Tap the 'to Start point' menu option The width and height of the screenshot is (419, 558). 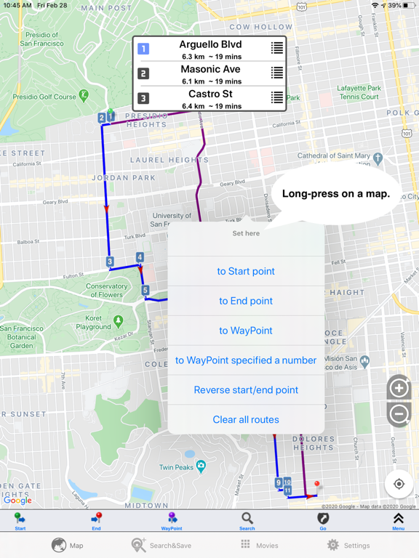246,271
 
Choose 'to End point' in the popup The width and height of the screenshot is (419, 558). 246,301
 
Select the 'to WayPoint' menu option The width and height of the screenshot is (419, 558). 246,331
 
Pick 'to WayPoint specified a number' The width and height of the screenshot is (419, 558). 246,360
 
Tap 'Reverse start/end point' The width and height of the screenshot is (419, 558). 246,390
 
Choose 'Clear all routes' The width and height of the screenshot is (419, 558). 246,419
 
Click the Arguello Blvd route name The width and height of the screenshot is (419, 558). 210,45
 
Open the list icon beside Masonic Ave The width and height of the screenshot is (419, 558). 276,73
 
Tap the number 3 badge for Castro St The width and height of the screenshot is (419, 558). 143,98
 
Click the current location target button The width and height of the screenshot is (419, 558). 399,484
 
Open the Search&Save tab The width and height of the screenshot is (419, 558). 153,545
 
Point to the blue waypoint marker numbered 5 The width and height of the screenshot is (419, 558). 145,291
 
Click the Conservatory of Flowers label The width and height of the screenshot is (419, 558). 106,291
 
